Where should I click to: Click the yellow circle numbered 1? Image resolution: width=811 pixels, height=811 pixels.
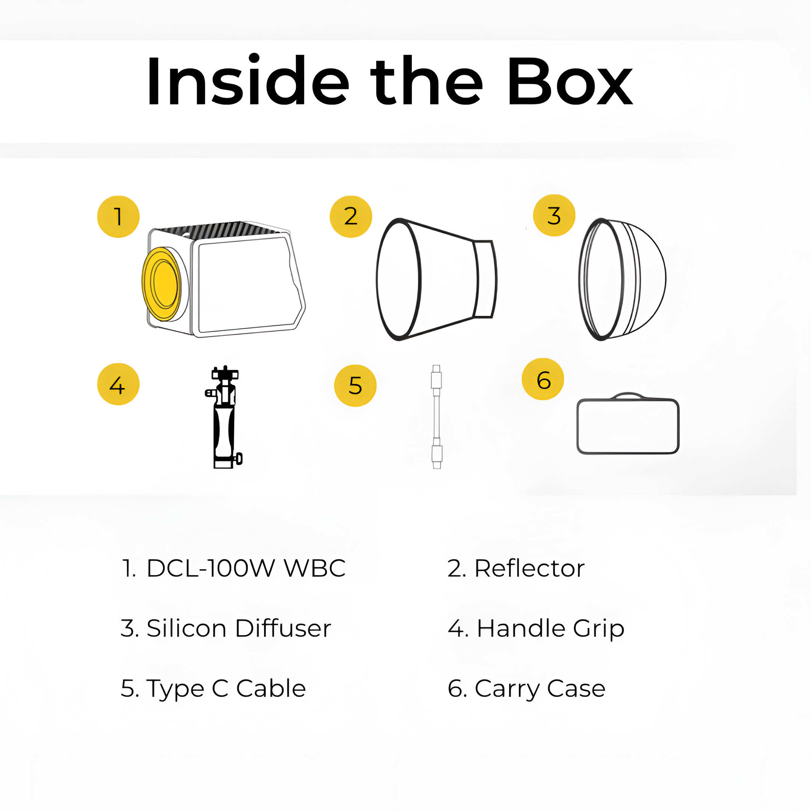(x=118, y=217)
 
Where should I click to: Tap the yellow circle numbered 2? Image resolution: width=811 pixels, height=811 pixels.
(x=351, y=217)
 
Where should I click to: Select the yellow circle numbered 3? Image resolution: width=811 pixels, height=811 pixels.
(x=554, y=216)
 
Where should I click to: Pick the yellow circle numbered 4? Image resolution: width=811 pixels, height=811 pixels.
(x=118, y=384)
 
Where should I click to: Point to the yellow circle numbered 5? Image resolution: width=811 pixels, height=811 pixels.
(x=355, y=385)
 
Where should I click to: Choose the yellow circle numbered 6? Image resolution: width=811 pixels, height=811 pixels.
(x=543, y=379)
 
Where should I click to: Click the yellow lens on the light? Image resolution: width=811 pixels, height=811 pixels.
(x=161, y=284)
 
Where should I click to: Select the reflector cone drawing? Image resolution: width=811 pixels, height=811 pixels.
(x=437, y=279)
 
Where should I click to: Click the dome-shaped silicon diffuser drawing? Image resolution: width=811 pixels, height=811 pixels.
(x=622, y=279)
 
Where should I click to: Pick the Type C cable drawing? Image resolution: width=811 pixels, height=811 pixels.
(x=437, y=417)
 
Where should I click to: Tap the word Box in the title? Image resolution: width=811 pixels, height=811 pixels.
(x=570, y=81)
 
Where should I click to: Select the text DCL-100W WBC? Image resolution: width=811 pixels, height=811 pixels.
(x=246, y=568)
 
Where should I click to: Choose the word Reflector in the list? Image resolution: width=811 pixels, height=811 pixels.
(x=529, y=568)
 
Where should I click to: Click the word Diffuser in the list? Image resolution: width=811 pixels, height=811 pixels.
(x=283, y=629)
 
